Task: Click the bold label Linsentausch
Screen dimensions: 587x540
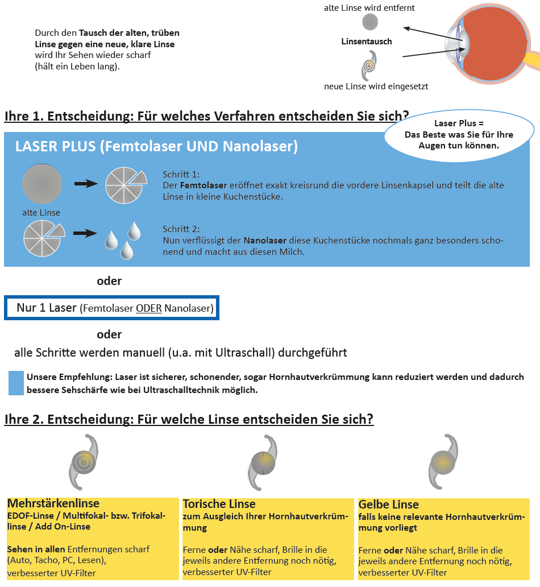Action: (367, 42)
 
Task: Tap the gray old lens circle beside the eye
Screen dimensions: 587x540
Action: (370, 22)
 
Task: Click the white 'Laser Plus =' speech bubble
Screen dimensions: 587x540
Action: (459, 134)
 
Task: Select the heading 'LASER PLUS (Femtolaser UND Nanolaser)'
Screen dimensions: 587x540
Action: (156, 146)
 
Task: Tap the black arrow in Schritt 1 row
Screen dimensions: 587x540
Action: (86, 183)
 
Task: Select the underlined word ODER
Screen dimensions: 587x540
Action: (149, 309)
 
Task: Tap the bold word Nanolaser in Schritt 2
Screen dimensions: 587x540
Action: (264, 240)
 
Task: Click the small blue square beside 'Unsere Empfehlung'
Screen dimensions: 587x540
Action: (16, 382)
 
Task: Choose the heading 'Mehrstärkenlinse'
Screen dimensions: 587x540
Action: (53, 503)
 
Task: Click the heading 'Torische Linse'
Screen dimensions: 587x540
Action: (219, 504)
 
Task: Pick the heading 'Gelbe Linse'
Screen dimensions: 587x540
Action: (388, 504)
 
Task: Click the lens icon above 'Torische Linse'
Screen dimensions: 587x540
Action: (263, 462)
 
